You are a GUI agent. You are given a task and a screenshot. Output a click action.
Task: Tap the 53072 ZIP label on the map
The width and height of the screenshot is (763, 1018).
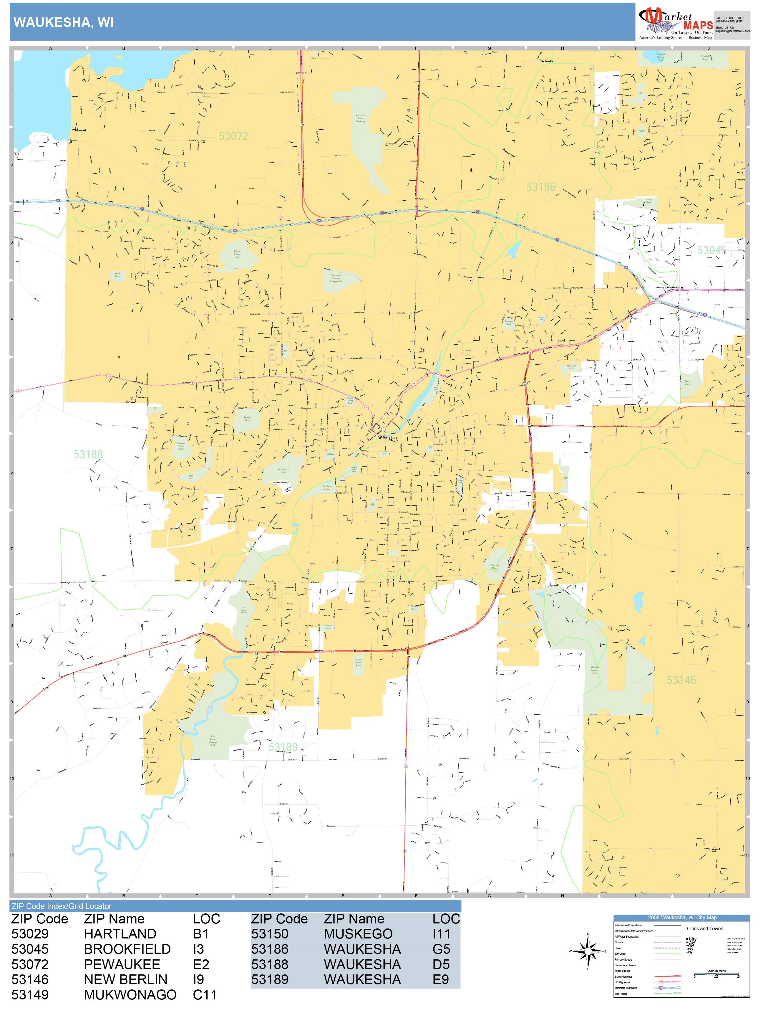click(x=234, y=136)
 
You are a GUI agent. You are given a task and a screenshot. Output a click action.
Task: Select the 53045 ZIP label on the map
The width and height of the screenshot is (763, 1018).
click(x=711, y=250)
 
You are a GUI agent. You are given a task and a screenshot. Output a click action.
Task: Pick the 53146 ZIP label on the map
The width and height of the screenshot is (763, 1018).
click(x=681, y=680)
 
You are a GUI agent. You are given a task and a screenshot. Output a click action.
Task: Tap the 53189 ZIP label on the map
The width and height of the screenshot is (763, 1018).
click(x=283, y=747)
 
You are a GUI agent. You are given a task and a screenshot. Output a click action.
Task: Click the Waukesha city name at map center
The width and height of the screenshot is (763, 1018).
click(x=387, y=438)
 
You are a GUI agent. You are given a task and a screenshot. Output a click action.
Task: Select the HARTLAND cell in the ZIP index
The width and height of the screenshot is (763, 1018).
click(x=120, y=934)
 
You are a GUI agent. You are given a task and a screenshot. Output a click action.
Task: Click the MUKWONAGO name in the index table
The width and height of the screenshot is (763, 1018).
click(x=130, y=994)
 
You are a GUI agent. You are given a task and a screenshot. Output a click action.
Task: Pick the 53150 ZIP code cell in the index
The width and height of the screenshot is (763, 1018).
click(x=270, y=934)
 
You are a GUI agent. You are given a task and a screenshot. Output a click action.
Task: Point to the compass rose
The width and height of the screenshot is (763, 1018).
click(x=588, y=951)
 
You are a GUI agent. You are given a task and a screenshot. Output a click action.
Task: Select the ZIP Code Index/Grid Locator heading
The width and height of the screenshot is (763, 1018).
click(x=62, y=906)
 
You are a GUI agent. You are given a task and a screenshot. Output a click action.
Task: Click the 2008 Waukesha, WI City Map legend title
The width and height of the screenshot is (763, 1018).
click(x=681, y=918)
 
